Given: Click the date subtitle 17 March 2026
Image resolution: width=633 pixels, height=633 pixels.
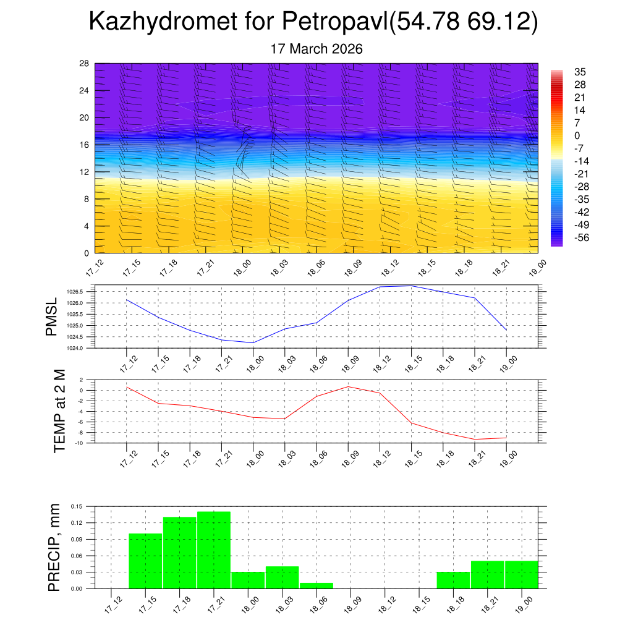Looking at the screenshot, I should click(x=316, y=49).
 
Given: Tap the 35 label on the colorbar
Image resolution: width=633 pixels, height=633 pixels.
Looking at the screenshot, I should click(x=580, y=72).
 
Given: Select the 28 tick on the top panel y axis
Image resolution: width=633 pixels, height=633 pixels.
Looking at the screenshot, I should click(x=84, y=64).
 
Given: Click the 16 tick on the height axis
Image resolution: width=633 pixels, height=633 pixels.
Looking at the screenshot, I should click(x=84, y=145).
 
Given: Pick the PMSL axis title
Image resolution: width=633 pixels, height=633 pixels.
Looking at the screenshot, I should click(x=52, y=316).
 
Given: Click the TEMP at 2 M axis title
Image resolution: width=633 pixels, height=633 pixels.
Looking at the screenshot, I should click(x=59, y=410).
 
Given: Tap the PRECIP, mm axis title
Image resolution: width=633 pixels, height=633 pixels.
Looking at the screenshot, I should click(x=54, y=547).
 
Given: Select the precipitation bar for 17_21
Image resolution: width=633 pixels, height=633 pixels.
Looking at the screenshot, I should click(x=214, y=550).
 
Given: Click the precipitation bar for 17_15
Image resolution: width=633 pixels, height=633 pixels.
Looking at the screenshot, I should click(x=145, y=561).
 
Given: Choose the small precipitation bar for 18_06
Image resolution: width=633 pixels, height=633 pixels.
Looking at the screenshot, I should click(x=316, y=585).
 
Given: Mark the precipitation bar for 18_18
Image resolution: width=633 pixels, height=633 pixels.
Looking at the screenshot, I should click(x=452, y=580).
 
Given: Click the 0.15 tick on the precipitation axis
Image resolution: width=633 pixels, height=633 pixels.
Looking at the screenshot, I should click(x=76, y=506).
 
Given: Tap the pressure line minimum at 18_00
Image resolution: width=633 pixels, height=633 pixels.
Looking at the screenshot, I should click(x=253, y=342).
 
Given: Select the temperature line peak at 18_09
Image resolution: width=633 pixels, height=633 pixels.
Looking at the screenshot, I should click(x=348, y=387).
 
